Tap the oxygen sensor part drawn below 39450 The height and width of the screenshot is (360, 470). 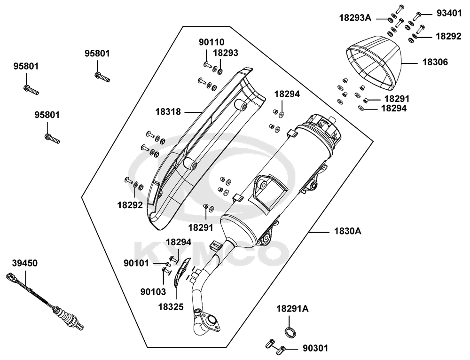coord(47,301)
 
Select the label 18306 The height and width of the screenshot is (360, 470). coord(435,62)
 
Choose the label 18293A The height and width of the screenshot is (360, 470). coord(355,18)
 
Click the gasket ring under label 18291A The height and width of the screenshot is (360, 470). coord(291,331)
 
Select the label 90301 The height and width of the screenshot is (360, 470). coord(315,348)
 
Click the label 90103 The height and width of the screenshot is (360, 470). coord(153,291)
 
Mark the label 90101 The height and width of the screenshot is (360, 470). coord(137,264)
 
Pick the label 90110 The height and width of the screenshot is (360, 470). coord(211,42)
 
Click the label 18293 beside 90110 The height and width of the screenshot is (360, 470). coord(226,53)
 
